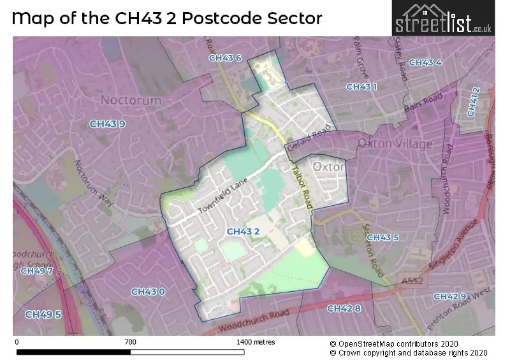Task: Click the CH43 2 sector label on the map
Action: pos(243,231)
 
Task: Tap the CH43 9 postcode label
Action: pos(106,124)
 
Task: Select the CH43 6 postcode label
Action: pos(225,58)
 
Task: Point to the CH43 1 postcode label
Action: pos(361,87)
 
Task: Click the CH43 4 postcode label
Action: pos(425,62)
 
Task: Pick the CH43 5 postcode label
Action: pos(382,238)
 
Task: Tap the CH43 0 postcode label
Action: pos(148,292)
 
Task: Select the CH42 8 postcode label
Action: pos(344,308)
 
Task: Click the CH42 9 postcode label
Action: pos(449,297)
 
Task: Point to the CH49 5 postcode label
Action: pos(43,314)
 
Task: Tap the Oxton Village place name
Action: pos(395,143)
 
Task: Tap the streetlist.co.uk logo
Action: pos(443,18)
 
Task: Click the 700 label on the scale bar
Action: pos(130,342)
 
